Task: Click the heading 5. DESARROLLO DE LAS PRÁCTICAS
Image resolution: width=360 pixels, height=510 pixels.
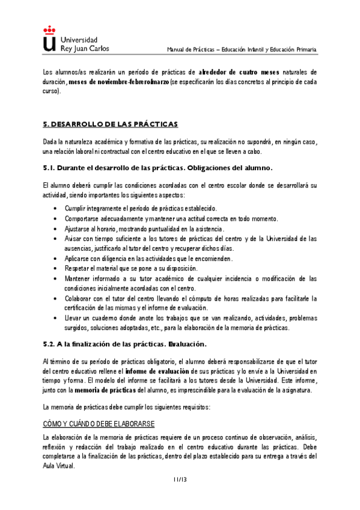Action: coord(111,124)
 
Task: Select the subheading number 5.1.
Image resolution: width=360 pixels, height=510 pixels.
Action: coord(50,167)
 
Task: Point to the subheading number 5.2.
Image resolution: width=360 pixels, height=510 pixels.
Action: coord(50,344)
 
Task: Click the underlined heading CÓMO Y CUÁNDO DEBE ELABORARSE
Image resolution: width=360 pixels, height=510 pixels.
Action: coord(99,424)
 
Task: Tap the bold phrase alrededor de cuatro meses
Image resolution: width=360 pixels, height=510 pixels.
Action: coord(239,72)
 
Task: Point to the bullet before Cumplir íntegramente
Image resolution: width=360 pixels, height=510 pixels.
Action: coord(55,208)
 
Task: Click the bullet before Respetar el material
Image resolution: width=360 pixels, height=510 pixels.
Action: coord(55,268)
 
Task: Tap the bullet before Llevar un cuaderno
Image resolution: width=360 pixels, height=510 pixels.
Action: coord(55,318)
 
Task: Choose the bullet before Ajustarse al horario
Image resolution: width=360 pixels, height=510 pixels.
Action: coord(55,229)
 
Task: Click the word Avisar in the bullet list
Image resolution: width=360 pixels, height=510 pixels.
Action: coord(75,239)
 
